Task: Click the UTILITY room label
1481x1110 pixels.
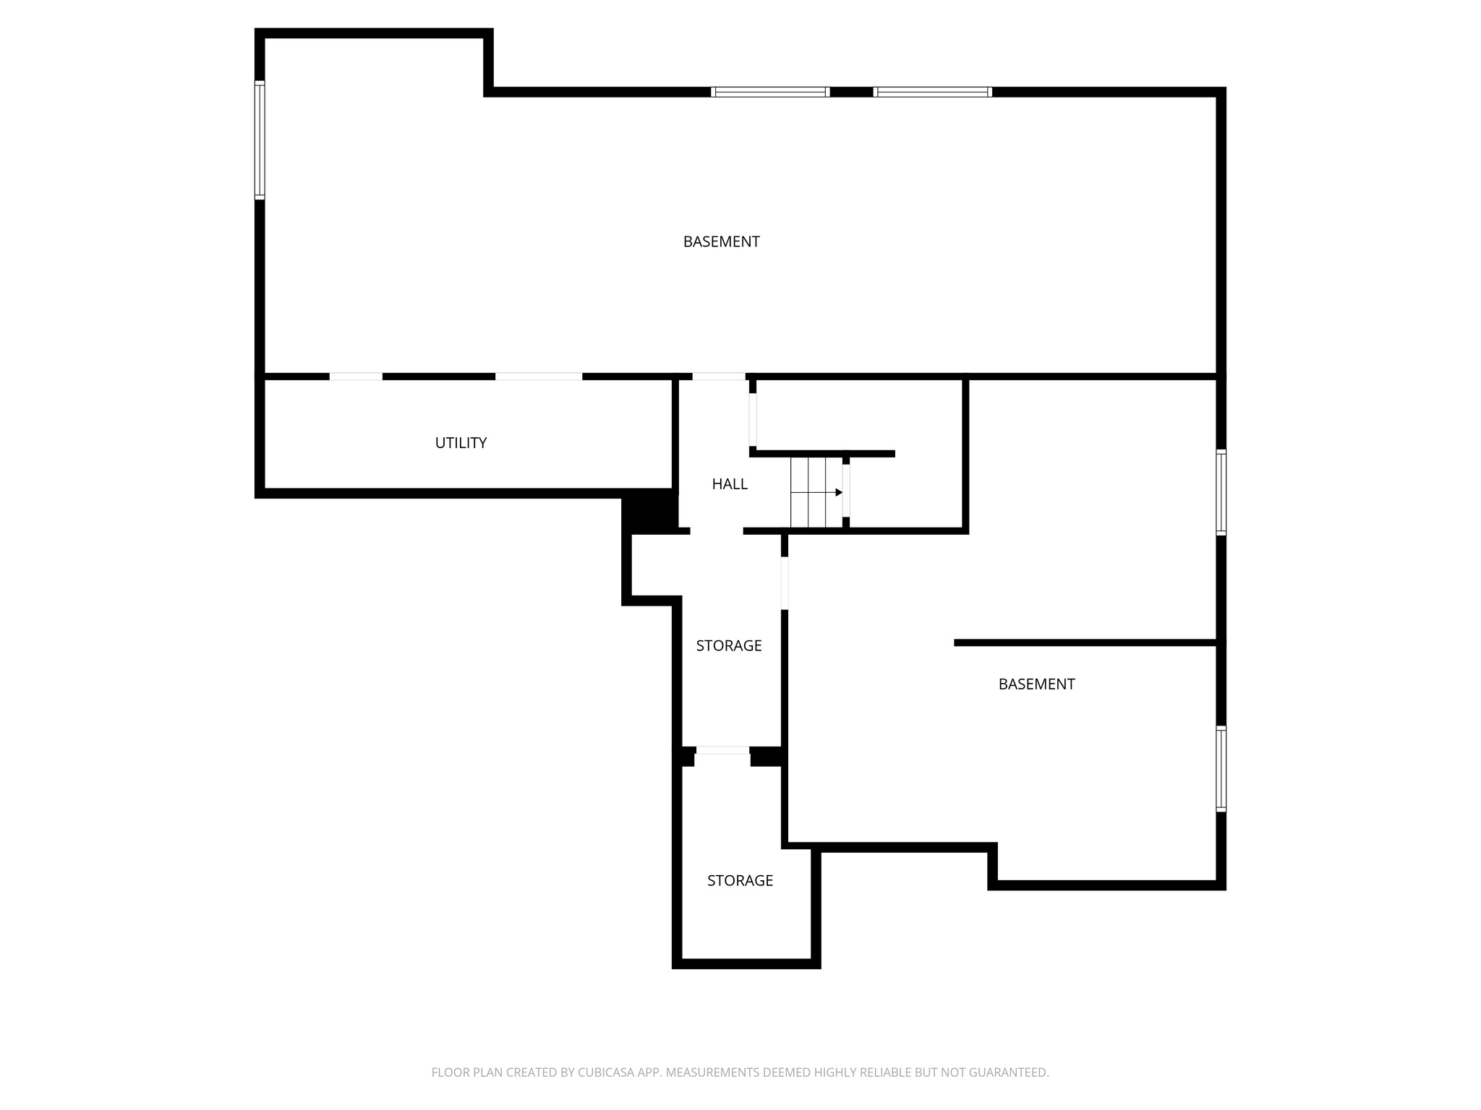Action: pyautogui.click(x=461, y=443)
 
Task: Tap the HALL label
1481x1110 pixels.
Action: pyautogui.click(x=729, y=484)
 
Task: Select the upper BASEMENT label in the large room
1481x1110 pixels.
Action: pyautogui.click(x=721, y=242)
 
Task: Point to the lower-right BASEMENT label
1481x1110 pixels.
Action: pyautogui.click(x=1036, y=684)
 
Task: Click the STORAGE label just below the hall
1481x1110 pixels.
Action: pyautogui.click(x=728, y=645)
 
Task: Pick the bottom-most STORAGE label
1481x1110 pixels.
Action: pyautogui.click(x=740, y=880)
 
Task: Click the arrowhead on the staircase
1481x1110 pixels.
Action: pyautogui.click(x=839, y=492)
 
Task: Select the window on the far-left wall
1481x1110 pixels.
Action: pyautogui.click(x=260, y=139)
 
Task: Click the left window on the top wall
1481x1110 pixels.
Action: pyautogui.click(x=769, y=92)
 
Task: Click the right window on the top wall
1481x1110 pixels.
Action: pyautogui.click(x=932, y=92)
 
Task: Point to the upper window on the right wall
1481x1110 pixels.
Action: pyautogui.click(x=1221, y=492)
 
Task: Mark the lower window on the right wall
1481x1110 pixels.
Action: pyautogui.click(x=1221, y=768)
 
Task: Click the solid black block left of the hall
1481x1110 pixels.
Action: pyautogui.click(x=649, y=511)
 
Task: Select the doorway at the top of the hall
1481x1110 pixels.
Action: pyautogui.click(x=718, y=377)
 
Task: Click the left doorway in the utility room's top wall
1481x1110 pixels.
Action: pyautogui.click(x=356, y=377)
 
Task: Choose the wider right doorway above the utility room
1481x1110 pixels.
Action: pyautogui.click(x=538, y=377)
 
